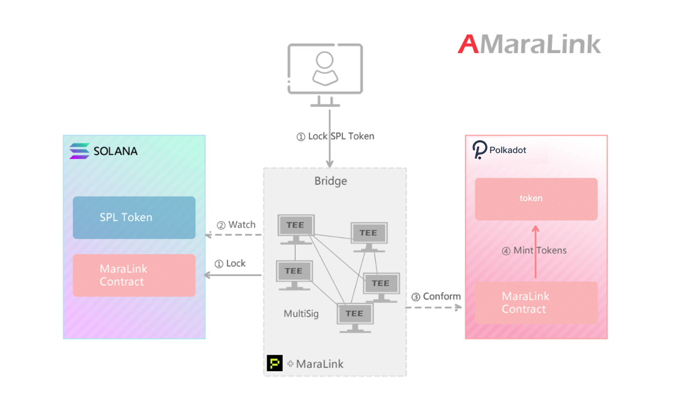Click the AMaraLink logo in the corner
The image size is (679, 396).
[529, 44]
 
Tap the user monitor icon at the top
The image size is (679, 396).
[325, 74]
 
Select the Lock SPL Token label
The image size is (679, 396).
[335, 136]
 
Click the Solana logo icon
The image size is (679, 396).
[79, 151]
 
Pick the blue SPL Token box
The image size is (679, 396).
[134, 218]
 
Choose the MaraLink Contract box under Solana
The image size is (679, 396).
[134, 275]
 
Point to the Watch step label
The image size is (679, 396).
[236, 225]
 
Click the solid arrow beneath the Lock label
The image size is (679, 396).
[233, 275]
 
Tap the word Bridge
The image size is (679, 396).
[330, 181]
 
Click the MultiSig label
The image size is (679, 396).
[301, 314]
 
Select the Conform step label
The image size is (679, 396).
[435, 297]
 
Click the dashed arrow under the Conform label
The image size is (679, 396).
[434, 308]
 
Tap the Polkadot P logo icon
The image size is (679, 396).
[479, 150]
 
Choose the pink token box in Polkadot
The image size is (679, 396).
[536, 199]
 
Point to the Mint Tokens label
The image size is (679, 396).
[534, 251]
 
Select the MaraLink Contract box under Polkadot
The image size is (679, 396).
[536, 303]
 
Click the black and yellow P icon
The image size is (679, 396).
[275, 363]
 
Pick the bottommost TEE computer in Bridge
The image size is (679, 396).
[355, 318]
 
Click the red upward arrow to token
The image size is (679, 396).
[536, 252]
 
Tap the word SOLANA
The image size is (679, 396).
[115, 151]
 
